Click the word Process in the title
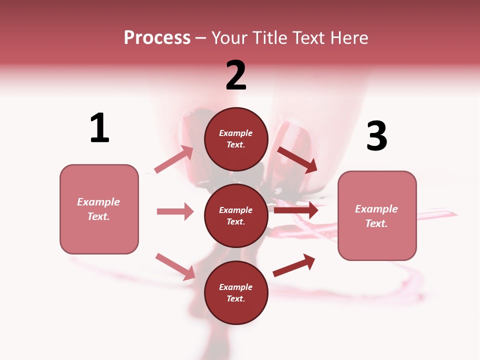tap(157, 38)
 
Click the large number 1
tap(99, 128)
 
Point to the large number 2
tap(236, 75)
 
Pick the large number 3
tap(376, 136)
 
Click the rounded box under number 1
tap(99, 209)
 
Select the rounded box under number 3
tap(377, 216)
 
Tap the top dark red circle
tap(236, 139)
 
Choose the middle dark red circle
tap(236, 215)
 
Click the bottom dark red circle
tap(236, 292)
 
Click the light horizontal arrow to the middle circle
tap(175, 211)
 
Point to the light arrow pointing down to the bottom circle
tap(175, 266)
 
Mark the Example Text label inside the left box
tap(99, 209)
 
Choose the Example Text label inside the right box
tap(377, 216)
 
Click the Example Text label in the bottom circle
tap(236, 292)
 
